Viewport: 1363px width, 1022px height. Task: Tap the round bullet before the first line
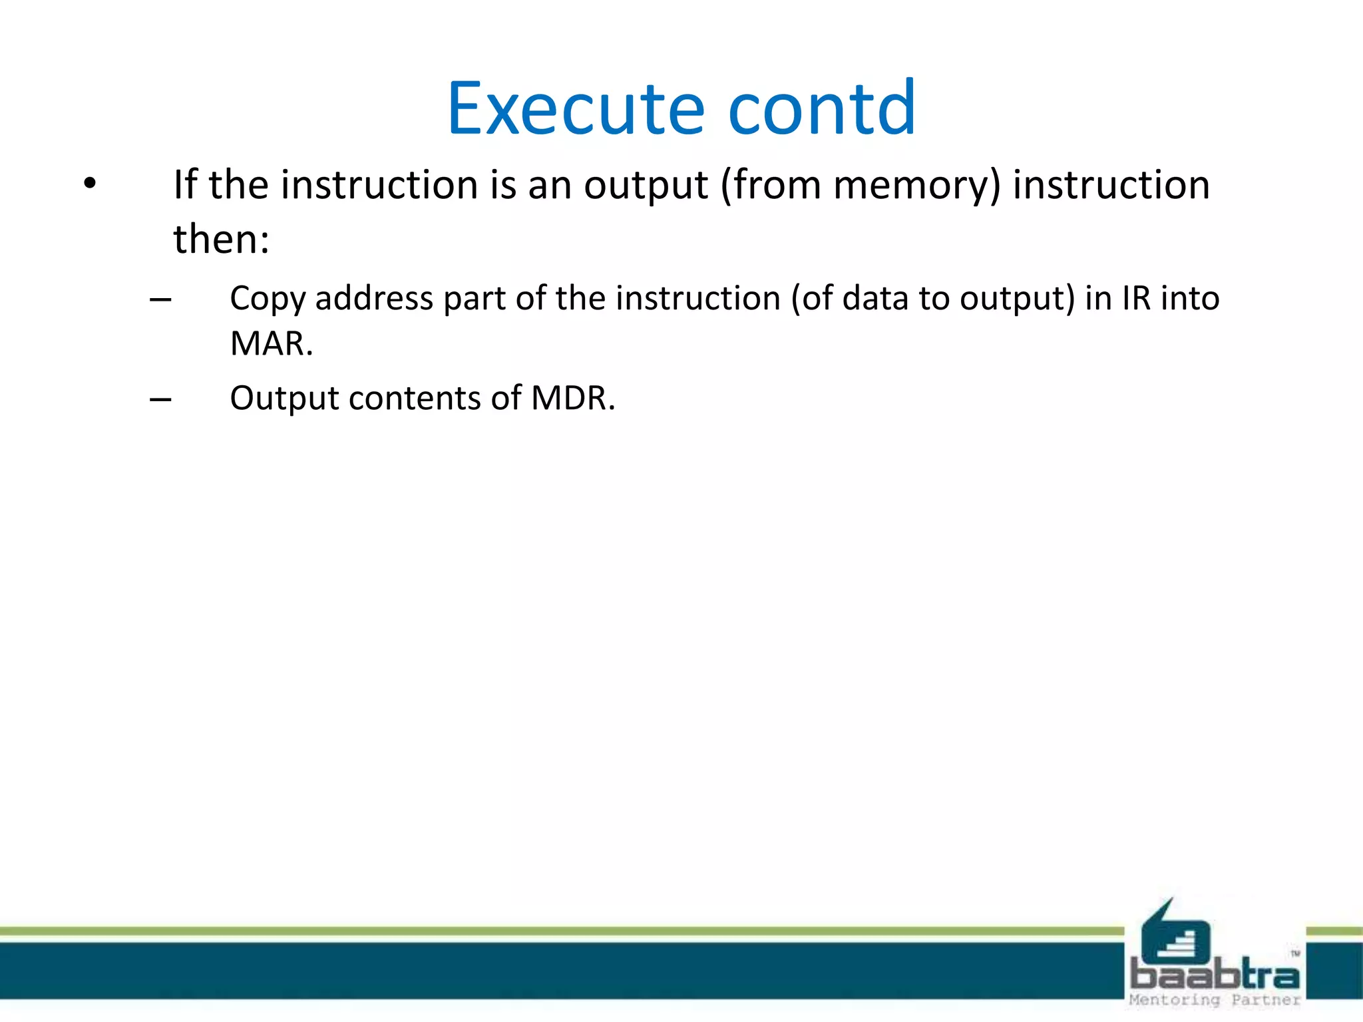(x=91, y=183)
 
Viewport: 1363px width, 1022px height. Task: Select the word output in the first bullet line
(x=646, y=185)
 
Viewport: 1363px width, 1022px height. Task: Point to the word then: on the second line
(x=221, y=240)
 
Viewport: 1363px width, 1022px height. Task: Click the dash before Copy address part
(x=160, y=300)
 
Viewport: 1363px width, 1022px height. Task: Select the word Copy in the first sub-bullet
(x=267, y=299)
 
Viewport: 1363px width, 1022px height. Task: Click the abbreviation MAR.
(x=270, y=344)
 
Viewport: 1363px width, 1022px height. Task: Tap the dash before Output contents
(x=160, y=400)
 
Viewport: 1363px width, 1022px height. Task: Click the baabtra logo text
(x=1215, y=975)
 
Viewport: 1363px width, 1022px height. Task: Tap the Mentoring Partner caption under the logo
(x=1215, y=1000)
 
